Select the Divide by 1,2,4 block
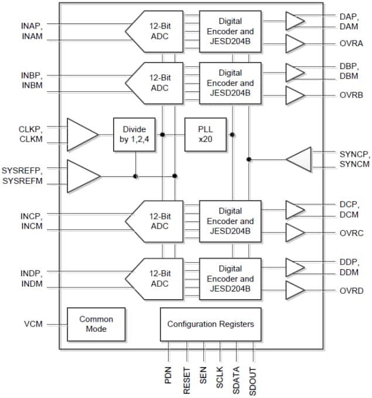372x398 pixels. click(134, 135)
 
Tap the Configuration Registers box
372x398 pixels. click(211, 324)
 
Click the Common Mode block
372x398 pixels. click(96, 324)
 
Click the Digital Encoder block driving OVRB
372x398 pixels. click(230, 83)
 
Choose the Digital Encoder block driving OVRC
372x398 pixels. click(230, 221)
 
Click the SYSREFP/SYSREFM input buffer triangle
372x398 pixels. click(82, 176)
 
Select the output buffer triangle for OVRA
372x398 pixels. click(295, 43)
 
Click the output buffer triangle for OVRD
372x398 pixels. click(295, 290)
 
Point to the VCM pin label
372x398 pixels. click(32, 324)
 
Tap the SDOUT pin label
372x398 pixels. click(253, 375)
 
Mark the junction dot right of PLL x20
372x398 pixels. click(233, 135)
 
